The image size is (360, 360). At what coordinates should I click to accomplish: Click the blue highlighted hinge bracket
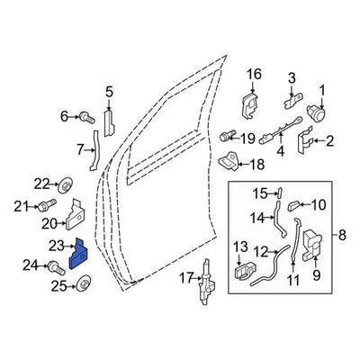click(77, 254)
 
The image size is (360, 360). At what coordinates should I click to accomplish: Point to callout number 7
click(80, 148)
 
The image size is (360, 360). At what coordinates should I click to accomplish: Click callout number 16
click(253, 74)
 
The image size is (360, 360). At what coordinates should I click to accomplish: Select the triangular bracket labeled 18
click(229, 163)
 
